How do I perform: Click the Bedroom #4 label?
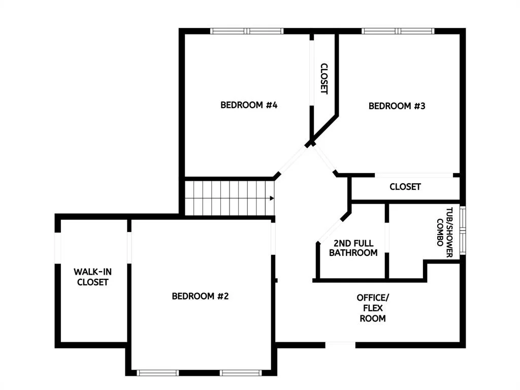pyautogui.click(x=249, y=105)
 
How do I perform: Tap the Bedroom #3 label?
pyautogui.click(x=397, y=106)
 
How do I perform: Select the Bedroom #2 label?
pyautogui.click(x=200, y=296)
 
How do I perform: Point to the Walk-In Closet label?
pyautogui.click(x=92, y=277)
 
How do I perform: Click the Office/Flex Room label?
pyautogui.click(x=373, y=308)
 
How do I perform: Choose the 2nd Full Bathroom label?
pyautogui.click(x=353, y=248)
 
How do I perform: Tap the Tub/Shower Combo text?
pyautogui.click(x=445, y=232)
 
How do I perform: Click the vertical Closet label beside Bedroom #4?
pyautogui.click(x=324, y=79)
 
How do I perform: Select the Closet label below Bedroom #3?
pyautogui.click(x=405, y=187)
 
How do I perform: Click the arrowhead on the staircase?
pyautogui.click(x=272, y=199)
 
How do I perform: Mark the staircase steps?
pyautogui.click(x=230, y=198)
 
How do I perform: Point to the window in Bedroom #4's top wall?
pyautogui.click(x=247, y=31)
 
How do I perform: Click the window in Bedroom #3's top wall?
pyautogui.click(x=398, y=31)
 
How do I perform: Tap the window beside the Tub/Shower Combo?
pyautogui.click(x=463, y=231)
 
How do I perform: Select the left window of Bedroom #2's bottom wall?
pyautogui.click(x=157, y=373)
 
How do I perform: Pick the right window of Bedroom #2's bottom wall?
pyautogui.click(x=241, y=373)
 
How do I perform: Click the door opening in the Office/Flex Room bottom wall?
pyautogui.click(x=340, y=345)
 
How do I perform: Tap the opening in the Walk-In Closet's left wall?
pyautogui.click(x=58, y=248)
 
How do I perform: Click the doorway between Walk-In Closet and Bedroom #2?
pyautogui.click(x=129, y=248)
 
